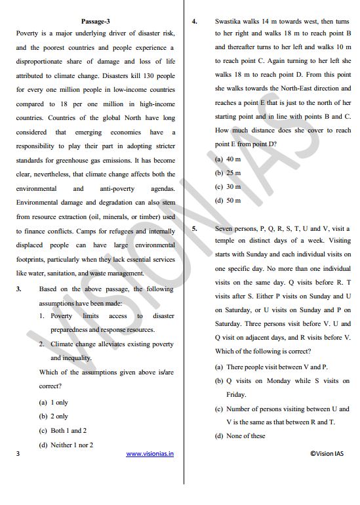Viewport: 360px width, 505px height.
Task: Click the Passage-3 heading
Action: pyautogui.click(x=96, y=20)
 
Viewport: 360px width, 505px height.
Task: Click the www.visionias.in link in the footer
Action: pyautogui.click(x=150, y=453)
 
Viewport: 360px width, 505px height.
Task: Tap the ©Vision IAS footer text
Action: pyautogui.click(x=327, y=453)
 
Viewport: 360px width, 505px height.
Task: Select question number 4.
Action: pyautogui.click(x=195, y=21)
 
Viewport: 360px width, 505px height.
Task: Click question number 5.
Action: pyautogui.click(x=195, y=228)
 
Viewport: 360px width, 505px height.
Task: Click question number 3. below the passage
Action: pyautogui.click(x=19, y=289)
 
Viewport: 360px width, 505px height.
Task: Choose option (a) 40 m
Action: pyautogui.click(x=228, y=159)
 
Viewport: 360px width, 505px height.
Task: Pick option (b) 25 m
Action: pyautogui.click(x=228, y=173)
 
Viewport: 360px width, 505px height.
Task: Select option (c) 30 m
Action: pyautogui.click(x=228, y=187)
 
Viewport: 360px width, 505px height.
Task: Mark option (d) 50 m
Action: pyautogui.click(x=228, y=201)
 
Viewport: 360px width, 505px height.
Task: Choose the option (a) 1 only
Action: pyautogui.click(x=53, y=402)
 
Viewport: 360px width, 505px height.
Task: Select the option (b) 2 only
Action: pyautogui.click(x=53, y=416)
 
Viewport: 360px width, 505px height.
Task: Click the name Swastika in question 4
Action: pyautogui.click(x=229, y=21)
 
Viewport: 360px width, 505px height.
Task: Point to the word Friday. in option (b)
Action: pyautogui.click(x=236, y=395)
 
